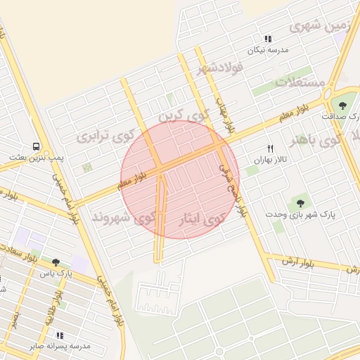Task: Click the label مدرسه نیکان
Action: [x=267, y=51]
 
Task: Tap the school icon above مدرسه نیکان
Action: [x=267, y=39]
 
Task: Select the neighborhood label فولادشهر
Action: [x=219, y=68]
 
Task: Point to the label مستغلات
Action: [x=301, y=82]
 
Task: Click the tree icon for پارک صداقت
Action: [x=342, y=105]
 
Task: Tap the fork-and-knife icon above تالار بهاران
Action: [x=270, y=148]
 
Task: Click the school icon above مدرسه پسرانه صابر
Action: [x=60, y=335]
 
